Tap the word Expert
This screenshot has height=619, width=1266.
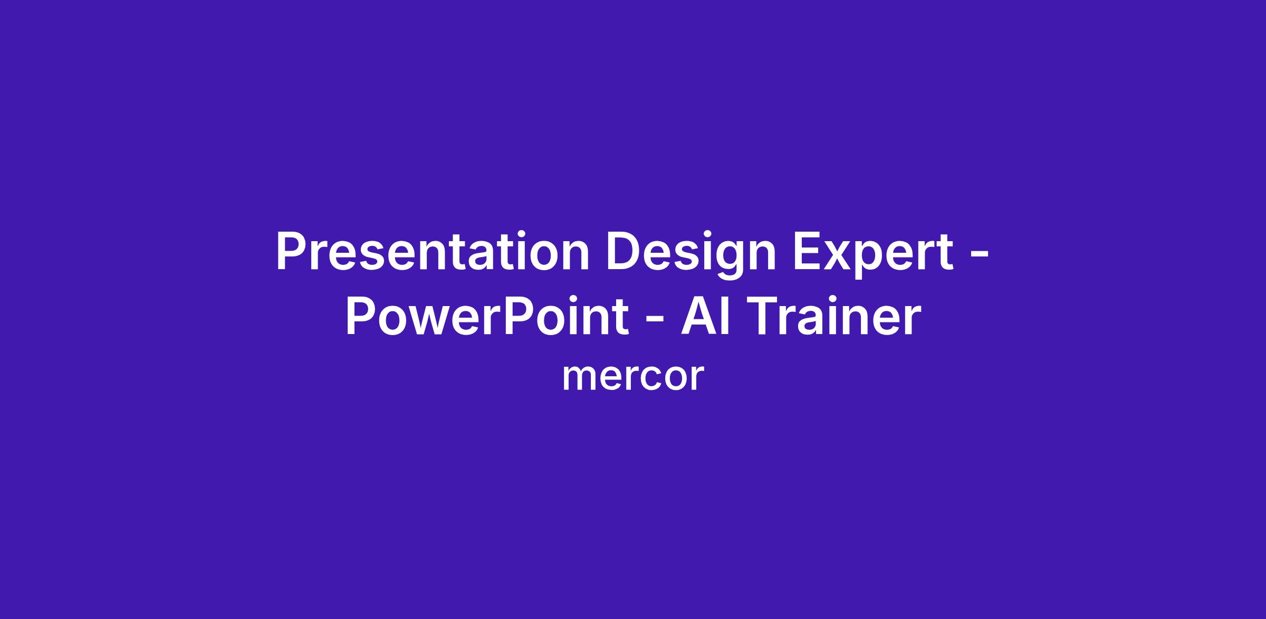point(874,255)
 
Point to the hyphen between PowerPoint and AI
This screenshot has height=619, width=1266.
point(655,321)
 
